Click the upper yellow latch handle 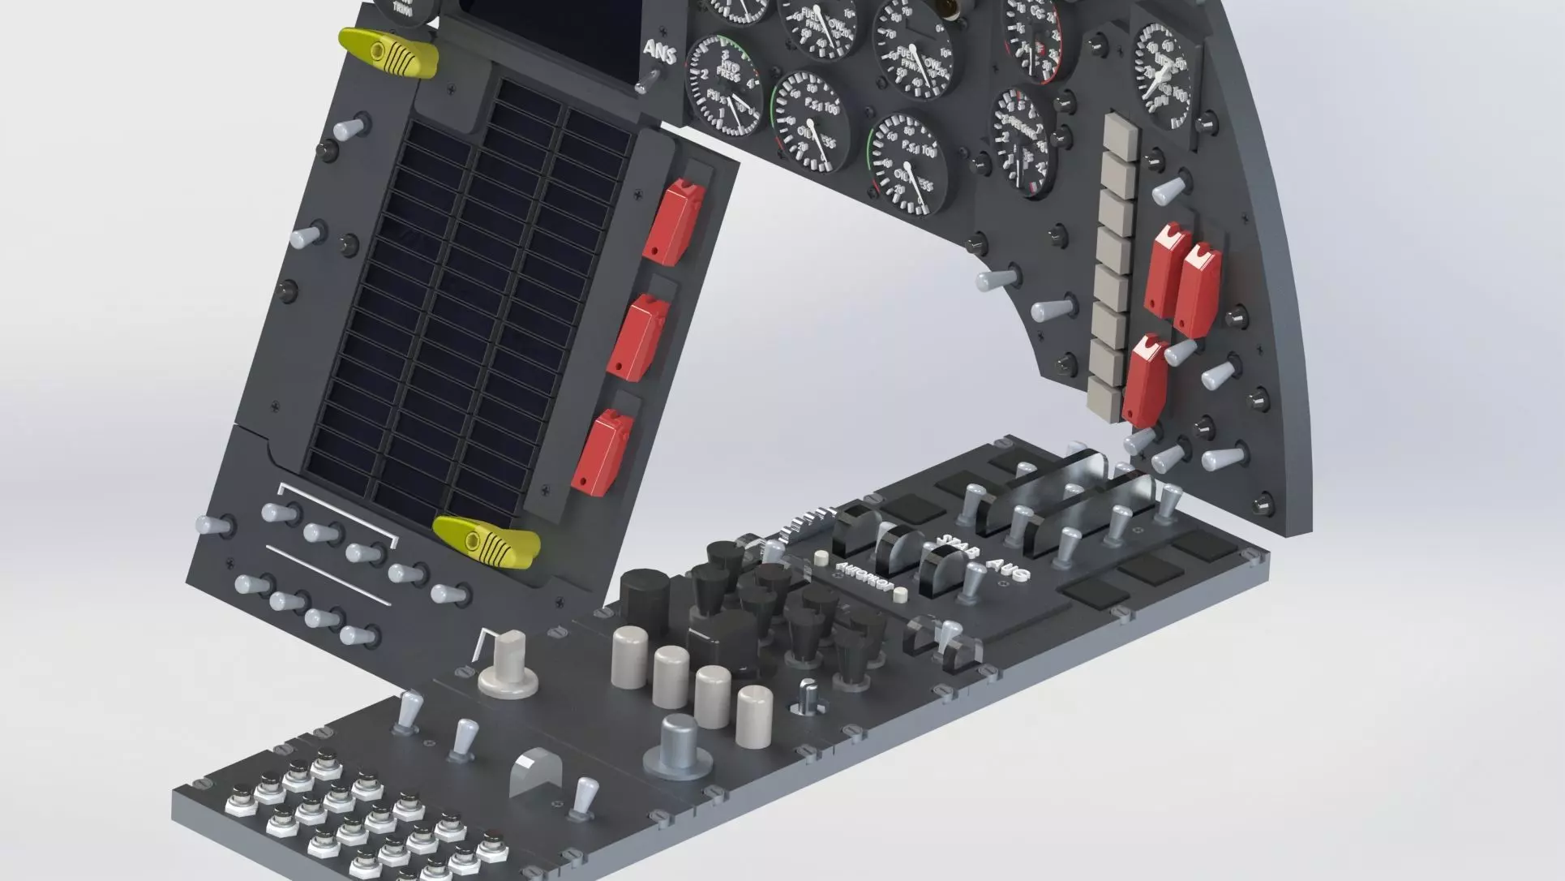click(388, 53)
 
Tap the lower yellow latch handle click(486, 539)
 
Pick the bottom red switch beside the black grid click(601, 452)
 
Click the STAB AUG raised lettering click(981, 558)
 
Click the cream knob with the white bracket click(508, 663)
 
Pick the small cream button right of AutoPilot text click(898, 596)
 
